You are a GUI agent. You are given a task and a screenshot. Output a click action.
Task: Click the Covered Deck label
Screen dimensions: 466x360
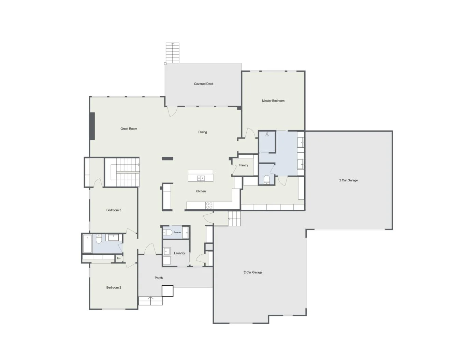(x=203, y=84)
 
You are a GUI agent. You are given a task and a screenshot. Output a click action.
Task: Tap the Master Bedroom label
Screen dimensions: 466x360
(x=273, y=101)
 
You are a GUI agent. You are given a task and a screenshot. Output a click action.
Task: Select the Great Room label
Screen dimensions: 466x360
(x=129, y=129)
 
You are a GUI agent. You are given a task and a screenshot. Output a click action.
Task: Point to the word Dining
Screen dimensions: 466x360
(x=202, y=132)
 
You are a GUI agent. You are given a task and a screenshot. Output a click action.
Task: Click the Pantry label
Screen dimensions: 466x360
(x=244, y=165)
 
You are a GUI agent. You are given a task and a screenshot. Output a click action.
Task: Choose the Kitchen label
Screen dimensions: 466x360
(x=201, y=191)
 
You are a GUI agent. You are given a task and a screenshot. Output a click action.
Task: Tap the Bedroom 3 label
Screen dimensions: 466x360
(x=114, y=210)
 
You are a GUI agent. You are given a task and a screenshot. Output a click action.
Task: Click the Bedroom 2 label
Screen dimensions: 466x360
(x=114, y=287)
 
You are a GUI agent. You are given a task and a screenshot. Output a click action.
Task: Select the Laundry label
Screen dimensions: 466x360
(x=179, y=253)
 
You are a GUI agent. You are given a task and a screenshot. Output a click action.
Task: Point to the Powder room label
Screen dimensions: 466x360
(x=177, y=232)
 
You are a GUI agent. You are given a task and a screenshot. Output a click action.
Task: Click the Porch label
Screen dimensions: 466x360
(x=159, y=278)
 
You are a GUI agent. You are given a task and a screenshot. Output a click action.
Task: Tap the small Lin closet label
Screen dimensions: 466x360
(x=119, y=258)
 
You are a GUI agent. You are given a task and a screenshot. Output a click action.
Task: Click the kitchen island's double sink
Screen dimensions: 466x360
(x=201, y=178)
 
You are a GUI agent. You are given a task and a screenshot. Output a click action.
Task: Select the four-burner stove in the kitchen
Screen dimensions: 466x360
(x=209, y=205)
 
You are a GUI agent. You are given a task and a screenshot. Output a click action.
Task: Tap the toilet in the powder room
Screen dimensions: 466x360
(x=168, y=232)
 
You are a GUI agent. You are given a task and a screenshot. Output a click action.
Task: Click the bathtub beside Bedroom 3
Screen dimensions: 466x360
(x=87, y=244)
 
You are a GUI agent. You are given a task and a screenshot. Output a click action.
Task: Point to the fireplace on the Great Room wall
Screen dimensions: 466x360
(x=92, y=126)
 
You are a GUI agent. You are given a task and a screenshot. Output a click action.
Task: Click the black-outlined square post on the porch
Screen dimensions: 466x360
(x=167, y=291)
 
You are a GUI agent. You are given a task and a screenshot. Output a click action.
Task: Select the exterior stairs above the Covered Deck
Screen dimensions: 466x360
(x=172, y=53)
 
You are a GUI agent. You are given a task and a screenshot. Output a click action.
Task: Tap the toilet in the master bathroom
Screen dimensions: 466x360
(x=266, y=180)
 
